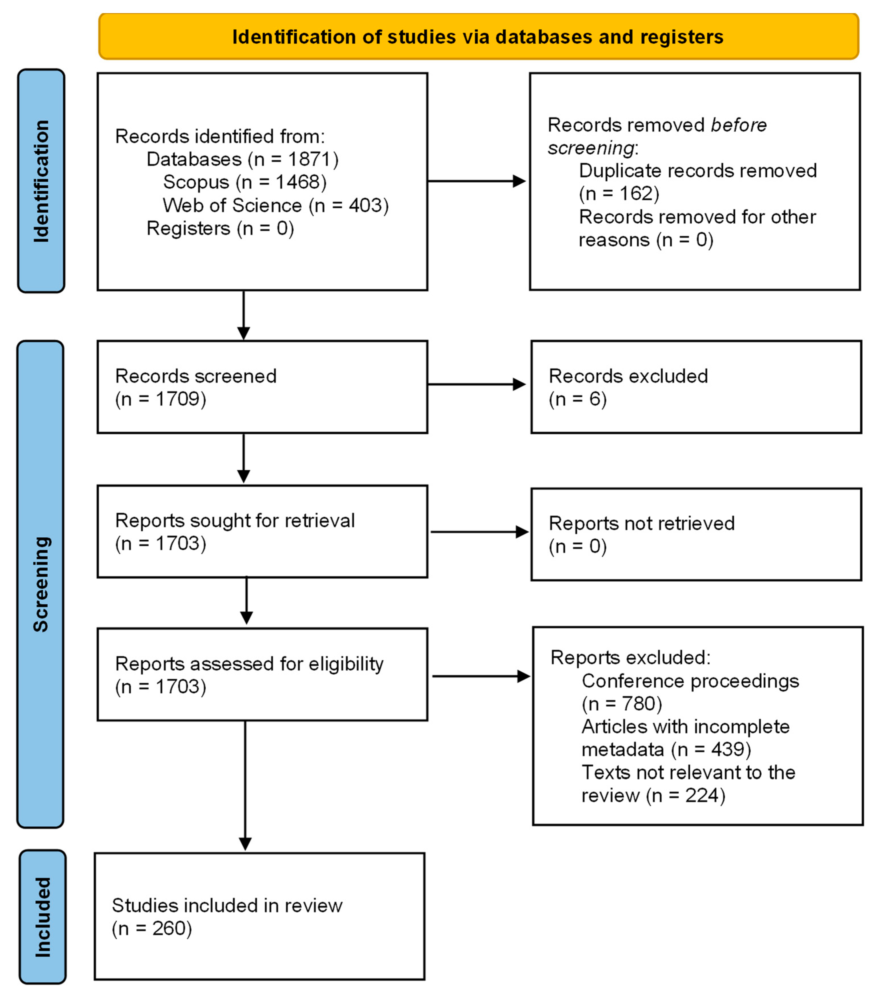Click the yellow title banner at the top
click(x=478, y=37)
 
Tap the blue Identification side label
click(x=41, y=181)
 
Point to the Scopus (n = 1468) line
click(x=244, y=182)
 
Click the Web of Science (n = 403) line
click(x=275, y=205)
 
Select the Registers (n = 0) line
click(x=220, y=229)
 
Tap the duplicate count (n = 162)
click(x=619, y=194)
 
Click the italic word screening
click(x=590, y=148)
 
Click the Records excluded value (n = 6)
click(x=577, y=399)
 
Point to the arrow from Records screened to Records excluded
click(x=477, y=384)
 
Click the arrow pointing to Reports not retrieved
click(x=479, y=532)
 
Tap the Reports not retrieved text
click(x=642, y=523)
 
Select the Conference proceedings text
click(x=690, y=681)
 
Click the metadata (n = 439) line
click(x=666, y=749)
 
